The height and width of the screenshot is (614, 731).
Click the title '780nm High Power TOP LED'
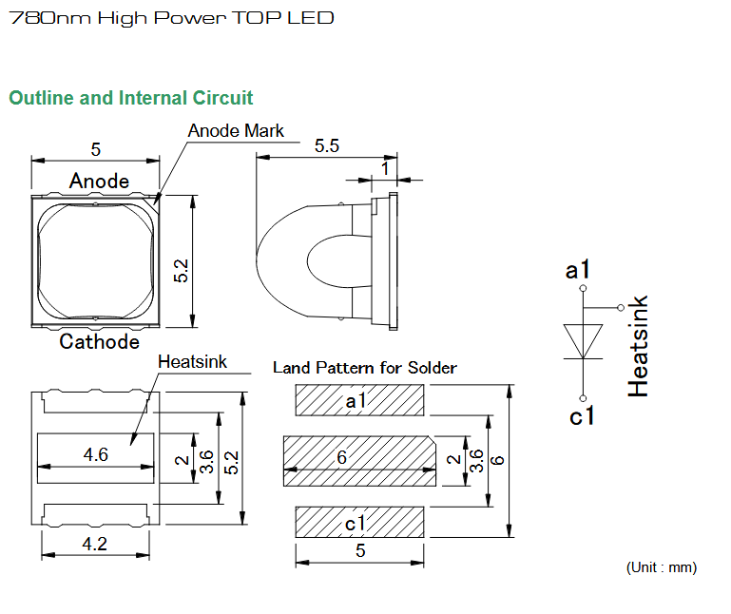(171, 18)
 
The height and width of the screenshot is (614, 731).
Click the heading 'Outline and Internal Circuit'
(131, 98)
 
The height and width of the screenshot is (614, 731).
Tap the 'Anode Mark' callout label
(236, 130)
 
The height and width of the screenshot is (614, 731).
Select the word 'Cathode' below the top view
(99, 341)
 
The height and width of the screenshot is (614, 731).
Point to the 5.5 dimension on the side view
(327, 145)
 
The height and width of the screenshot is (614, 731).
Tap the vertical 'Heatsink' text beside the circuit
(638, 346)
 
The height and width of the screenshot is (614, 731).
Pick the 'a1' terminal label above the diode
(578, 270)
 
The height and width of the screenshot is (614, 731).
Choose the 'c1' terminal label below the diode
(582, 415)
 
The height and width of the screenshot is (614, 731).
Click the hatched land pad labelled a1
(359, 400)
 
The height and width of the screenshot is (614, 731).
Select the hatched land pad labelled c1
(359, 522)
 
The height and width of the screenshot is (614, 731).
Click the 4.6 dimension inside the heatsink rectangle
(96, 454)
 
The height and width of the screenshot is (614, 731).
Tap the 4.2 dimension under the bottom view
(95, 544)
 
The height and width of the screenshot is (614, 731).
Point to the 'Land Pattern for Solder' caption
(365, 368)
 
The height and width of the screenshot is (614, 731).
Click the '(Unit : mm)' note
(661, 567)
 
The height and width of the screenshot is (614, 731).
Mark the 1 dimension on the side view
(385, 169)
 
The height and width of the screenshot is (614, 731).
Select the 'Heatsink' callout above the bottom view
(192, 362)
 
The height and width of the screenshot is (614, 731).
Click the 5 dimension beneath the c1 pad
(360, 550)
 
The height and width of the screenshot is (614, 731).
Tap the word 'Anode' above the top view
(99, 181)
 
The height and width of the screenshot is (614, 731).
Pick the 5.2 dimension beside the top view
(181, 271)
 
